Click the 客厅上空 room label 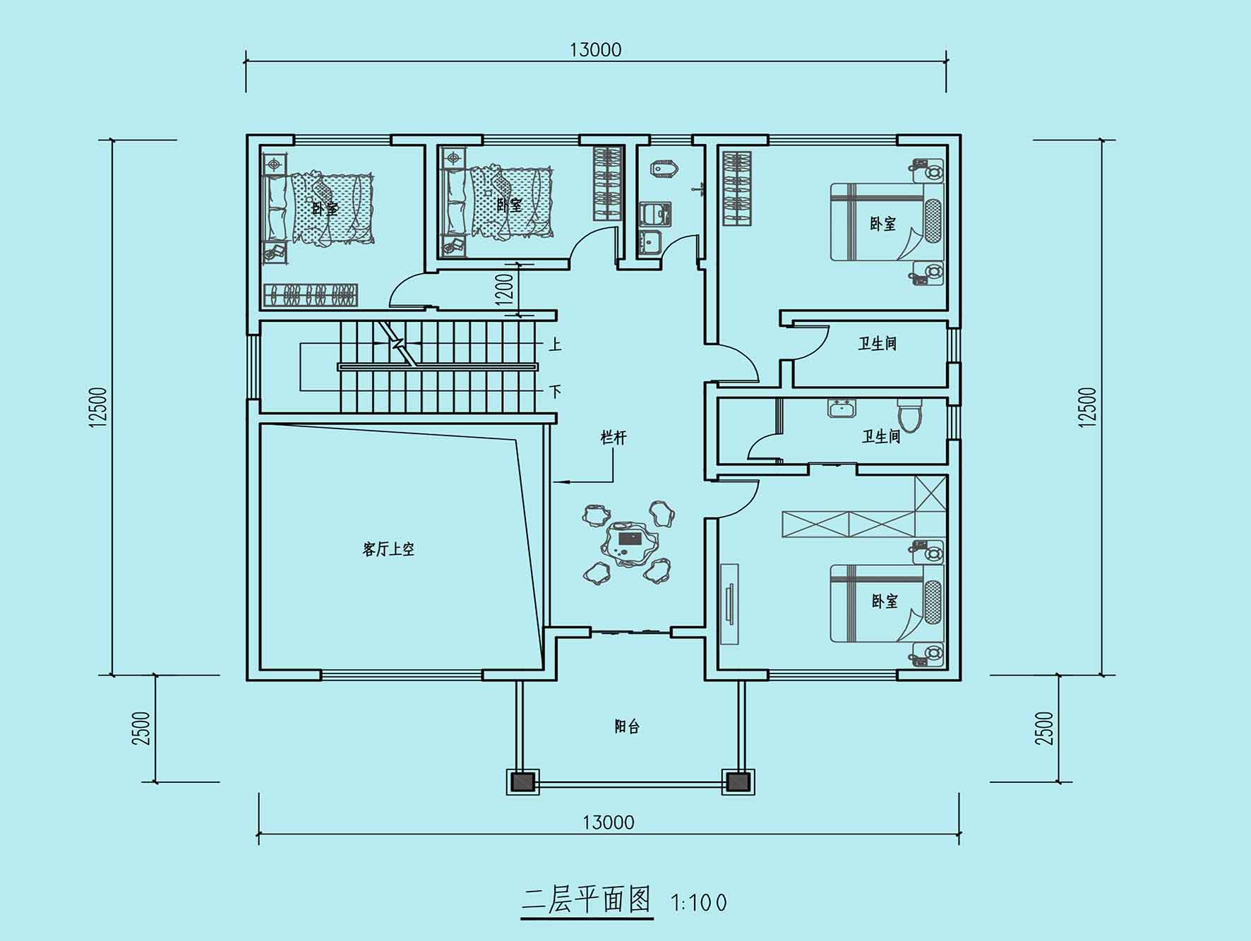(x=388, y=549)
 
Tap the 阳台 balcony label (x=627, y=726)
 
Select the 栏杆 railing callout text (x=613, y=438)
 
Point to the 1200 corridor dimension (x=505, y=289)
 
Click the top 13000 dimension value (x=596, y=49)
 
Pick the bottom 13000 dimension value (x=609, y=822)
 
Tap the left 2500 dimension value (x=141, y=729)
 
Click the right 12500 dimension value (x=1088, y=407)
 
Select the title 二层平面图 (x=586, y=900)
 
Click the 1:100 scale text (x=700, y=902)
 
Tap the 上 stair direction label (x=556, y=344)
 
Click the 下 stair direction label (x=556, y=391)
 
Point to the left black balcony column (x=522, y=782)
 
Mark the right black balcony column (x=738, y=782)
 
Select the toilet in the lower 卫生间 (x=909, y=415)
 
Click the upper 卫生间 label (x=878, y=344)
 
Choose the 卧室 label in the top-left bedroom (x=325, y=209)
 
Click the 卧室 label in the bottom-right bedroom (x=885, y=601)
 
